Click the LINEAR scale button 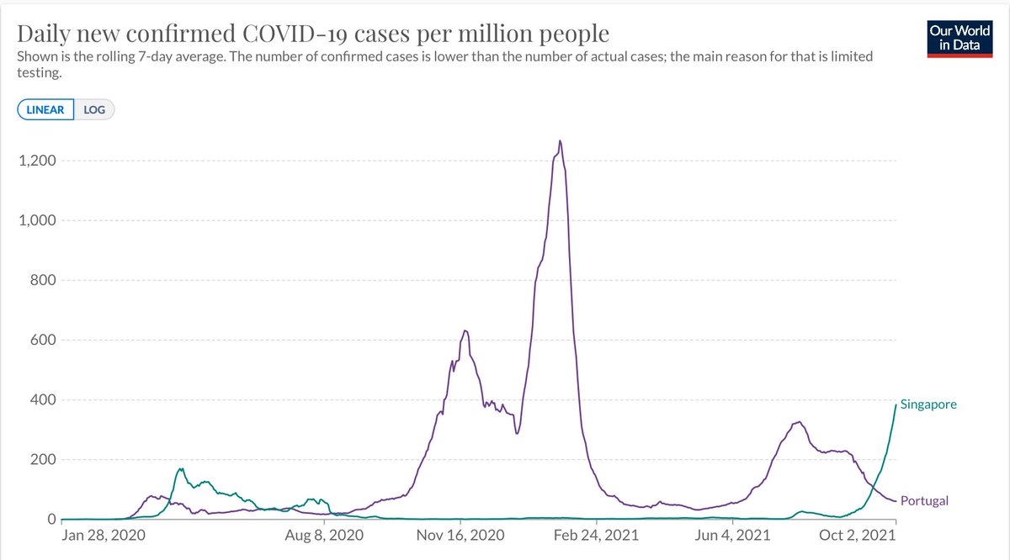click(x=45, y=109)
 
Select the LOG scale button click(x=94, y=109)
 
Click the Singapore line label click(x=928, y=404)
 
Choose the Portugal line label click(x=924, y=501)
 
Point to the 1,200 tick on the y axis click(x=34, y=161)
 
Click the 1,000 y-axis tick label click(x=34, y=220)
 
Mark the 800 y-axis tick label click(x=39, y=280)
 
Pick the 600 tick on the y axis click(x=39, y=341)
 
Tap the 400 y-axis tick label click(x=39, y=400)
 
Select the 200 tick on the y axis click(x=39, y=460)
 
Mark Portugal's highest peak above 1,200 click(x=560, y=141)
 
